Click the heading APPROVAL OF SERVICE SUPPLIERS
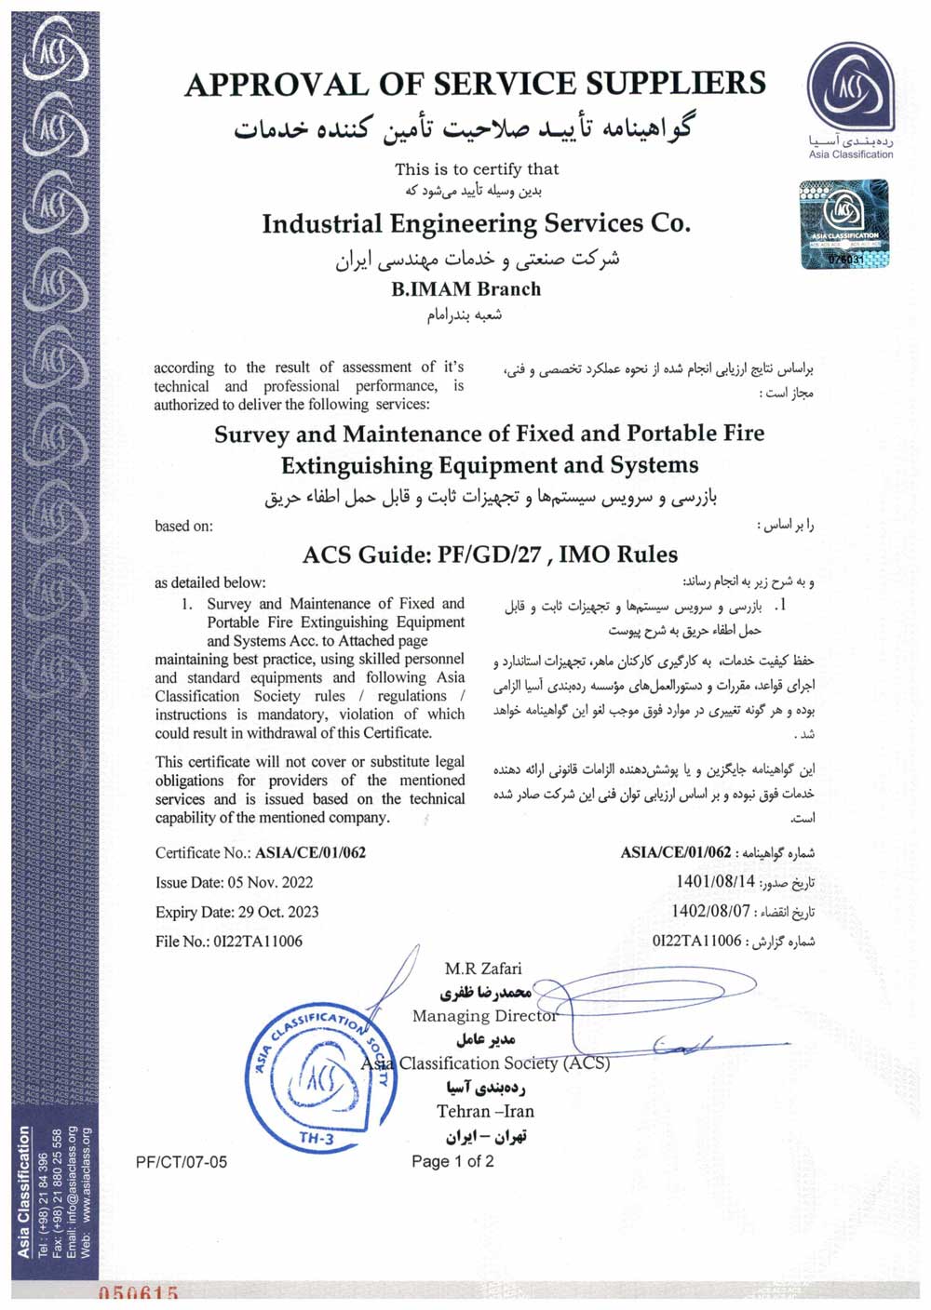click(x=475, y=84)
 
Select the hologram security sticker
click(x=844, y=224)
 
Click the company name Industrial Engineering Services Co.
click(x=476, y=224)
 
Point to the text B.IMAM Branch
click(x=465, y=288)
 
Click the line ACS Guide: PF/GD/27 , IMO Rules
click(x=490, y=555)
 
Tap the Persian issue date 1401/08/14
click(x=716, y=880)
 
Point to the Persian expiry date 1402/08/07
click(x=711, y=911)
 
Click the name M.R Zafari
click(x=483, y=969)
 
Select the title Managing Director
click(x=484, y=1015)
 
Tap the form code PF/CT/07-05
click(x=181, y=1162)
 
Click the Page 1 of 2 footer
click(x=452, y=1161)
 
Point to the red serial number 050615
click(x=138, y=1293)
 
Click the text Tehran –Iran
click(x=485, y=1111)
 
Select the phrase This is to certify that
click(x=477, y=169)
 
